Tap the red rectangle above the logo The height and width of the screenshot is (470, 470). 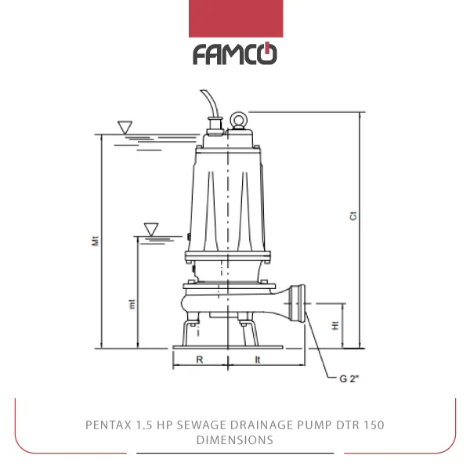(236, 19)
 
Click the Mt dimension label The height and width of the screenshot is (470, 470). (95, 241)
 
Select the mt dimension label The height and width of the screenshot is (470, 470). (132, 304)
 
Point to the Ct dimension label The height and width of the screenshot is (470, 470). (353, 216)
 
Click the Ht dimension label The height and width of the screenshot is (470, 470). (335, 325)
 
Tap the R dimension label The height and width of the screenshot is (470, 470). (200, 360)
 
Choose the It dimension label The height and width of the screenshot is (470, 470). (258, 360)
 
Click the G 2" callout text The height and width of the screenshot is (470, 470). (349, 378)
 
